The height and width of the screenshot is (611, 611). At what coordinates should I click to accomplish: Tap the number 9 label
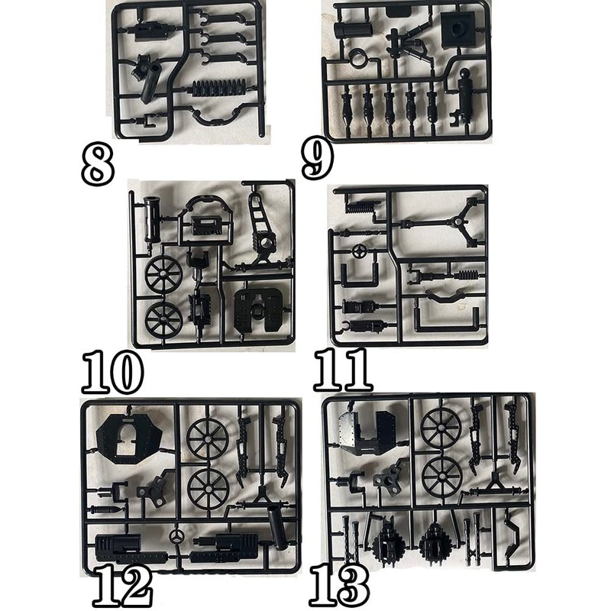[318, 159]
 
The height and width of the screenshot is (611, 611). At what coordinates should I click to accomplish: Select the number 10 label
[112, 372]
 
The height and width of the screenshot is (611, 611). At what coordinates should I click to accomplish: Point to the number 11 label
[343, 370]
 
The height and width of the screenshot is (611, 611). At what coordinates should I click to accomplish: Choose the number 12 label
[122, 587]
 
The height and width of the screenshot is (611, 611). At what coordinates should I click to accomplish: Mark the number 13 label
[339, 586]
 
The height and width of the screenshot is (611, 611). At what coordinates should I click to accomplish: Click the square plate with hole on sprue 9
[459, 29]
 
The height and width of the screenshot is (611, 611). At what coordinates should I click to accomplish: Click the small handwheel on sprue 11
[358, 251]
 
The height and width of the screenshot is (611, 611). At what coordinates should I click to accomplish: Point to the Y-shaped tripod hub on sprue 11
[461, 222]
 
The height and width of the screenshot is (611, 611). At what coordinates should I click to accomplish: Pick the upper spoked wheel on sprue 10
[164, 275]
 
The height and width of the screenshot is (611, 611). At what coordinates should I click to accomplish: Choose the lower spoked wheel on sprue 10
[163, 319]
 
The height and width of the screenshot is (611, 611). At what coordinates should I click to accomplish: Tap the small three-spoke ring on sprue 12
[177, 537]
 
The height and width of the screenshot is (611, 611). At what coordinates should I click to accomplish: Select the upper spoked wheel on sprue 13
[441, 427]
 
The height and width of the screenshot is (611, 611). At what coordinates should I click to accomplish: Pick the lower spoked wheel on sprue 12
[208, 489]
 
